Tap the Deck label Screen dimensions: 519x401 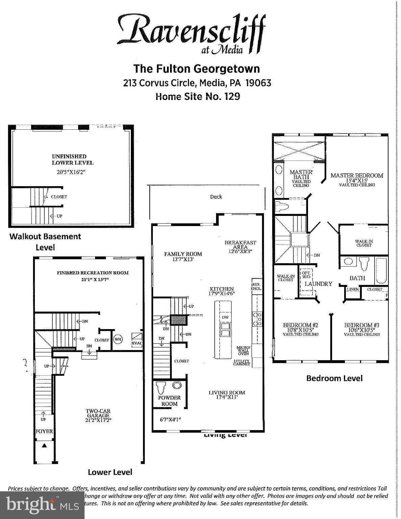tap(216, 197)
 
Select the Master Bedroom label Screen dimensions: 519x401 tap(357, 176)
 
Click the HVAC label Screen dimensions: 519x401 tap(137, 343)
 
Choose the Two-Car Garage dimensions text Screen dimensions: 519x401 tap(98, 420)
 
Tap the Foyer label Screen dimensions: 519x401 tap(44, 431)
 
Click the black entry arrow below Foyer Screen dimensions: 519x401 tap(44, 445)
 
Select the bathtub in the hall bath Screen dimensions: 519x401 tap(381, 271)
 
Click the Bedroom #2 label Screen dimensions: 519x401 tap(301, 325)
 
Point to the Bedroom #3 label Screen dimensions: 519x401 tap(362, 325)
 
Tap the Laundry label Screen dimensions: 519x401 tap(319, 284)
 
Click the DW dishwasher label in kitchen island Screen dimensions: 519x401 tap(225, 318)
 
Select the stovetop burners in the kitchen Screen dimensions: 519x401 tap(258, 319)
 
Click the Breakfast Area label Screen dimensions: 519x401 tap(240, 243)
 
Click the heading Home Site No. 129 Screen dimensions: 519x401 tap(198, 97)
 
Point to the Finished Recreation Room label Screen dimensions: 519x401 tap(93, 273)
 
